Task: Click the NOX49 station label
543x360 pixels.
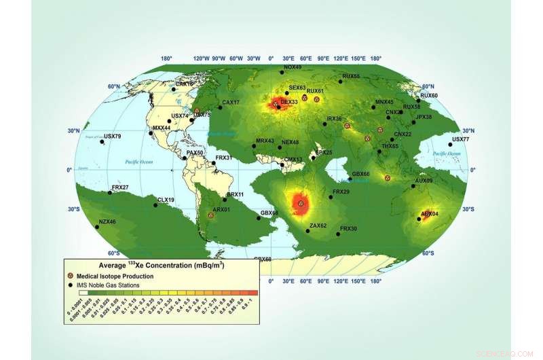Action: pyautogui.click(x=293, y=67)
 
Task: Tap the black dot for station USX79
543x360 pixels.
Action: pyautogui.click(x=103, y=141)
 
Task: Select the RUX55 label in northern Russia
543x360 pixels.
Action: pyautogui.click(x=351, y=76)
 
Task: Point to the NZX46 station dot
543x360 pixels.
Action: pyautogui.click(x=97, y=227)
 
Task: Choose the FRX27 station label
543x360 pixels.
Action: pyautogui.click(x=120, y=187)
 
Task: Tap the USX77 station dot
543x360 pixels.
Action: pyautogui.click(x=451, y=145)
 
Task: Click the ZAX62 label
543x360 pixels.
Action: pyautogui.click(x=318, y=226)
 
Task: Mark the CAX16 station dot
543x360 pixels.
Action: pyautogui.click(x=174, y=89)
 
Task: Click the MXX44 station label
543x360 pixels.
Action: pyautogui.click(x=162, y=128)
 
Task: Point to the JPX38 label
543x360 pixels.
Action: pyautogui.click(x=423, y=117)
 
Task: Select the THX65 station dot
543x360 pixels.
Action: pyautogui.click(x=392, y=140)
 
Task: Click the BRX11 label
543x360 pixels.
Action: pyautogui.click(x=235, y=194)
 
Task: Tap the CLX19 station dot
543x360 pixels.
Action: pyautogui.click(x=156, y=205)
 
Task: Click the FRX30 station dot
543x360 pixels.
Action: pyautogui.click(x=338, y=234)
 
